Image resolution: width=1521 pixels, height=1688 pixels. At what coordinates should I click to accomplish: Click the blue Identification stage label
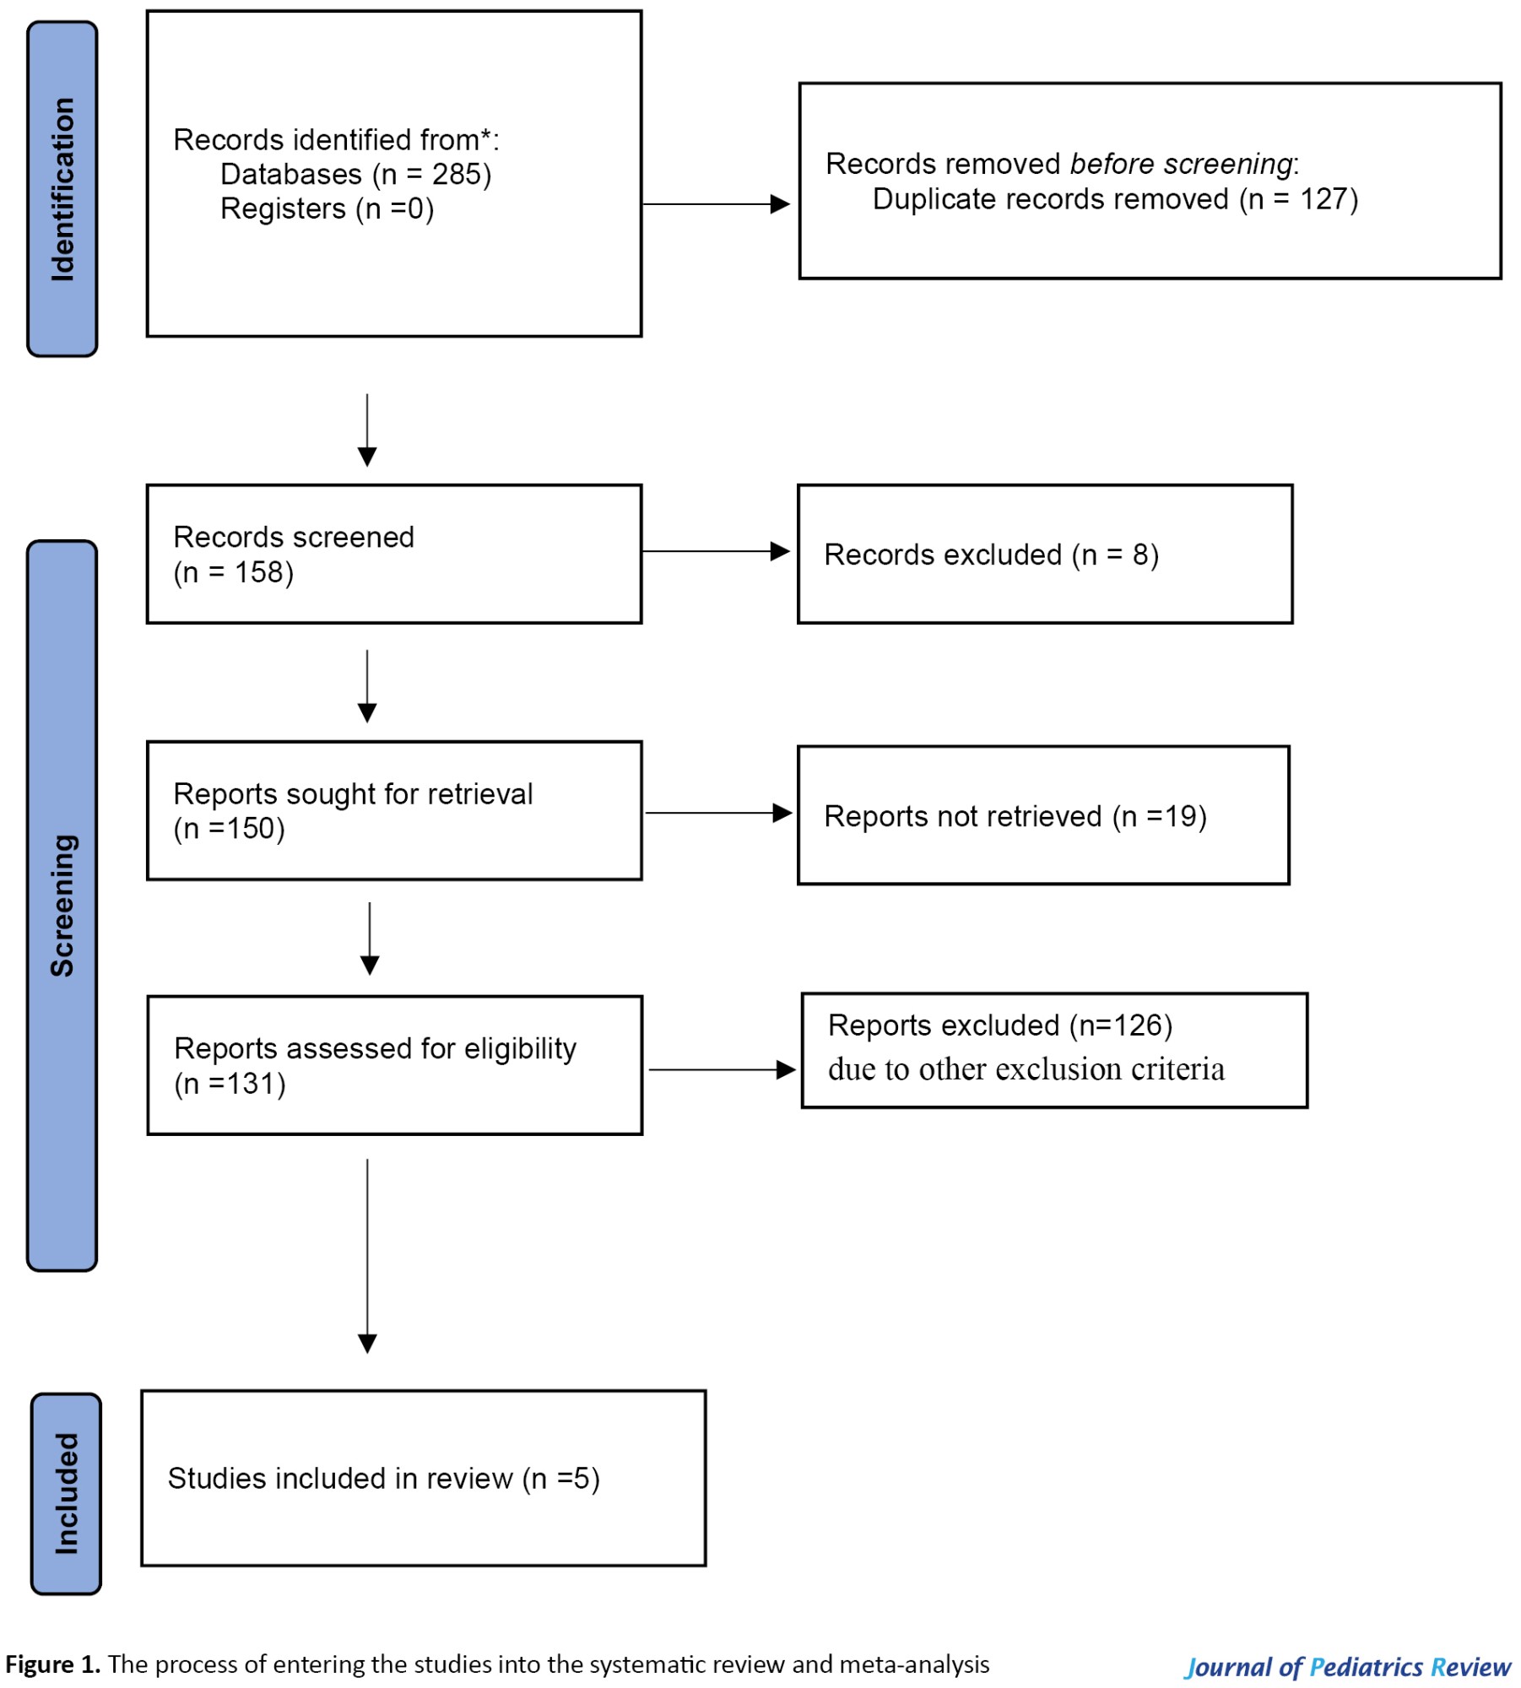click(x=62, y=189)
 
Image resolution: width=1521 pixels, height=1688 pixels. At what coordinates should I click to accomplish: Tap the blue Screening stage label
click(x=62, y=906)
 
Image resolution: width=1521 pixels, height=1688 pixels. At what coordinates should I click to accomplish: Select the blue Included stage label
click(x=66, y=1494)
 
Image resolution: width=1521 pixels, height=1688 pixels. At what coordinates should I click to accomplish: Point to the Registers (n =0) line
click(x=327, y=209)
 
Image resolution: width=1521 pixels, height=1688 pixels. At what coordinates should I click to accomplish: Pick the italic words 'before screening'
click(x=1181, y=164)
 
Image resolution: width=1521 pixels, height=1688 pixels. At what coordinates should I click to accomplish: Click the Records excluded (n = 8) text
click(x=992, y=555)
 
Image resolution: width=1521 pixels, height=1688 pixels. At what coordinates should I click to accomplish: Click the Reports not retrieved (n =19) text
click(x=1015, y=816)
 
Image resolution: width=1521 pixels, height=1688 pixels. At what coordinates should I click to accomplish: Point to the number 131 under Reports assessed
click(x=252, y=1084)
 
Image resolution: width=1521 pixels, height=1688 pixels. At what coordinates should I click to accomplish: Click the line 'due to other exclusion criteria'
click(x=1026, y=1069)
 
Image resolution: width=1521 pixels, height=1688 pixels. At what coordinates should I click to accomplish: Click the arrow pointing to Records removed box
click(x=716, y=204)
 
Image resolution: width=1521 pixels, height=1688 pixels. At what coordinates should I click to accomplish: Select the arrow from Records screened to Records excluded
click(x=716, y=552)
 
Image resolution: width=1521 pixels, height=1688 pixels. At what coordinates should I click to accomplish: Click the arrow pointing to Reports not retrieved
click(x=719, y=813)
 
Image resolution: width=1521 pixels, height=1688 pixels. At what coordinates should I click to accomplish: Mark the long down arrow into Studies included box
click(x=367, y=1256)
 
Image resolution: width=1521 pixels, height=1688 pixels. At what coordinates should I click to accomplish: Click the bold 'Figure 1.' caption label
click(x=52, y=1664)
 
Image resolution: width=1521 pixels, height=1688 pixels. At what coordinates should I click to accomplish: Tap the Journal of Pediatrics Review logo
click(x=1347, y=1667)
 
